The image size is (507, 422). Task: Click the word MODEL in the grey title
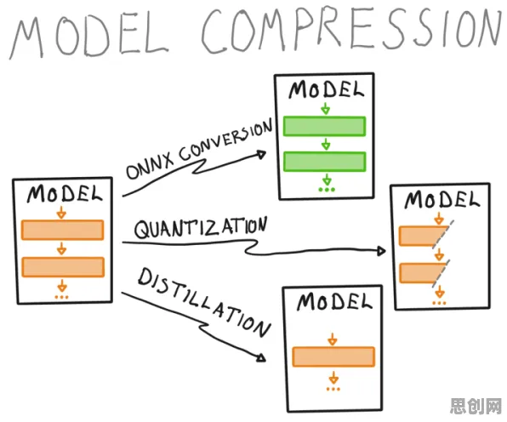pyautogui.click(x=89, y=37)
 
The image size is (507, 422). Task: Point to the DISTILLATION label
pyautogui.click(x=203, y=303)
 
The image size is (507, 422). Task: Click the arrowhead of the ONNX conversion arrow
pyautogui.click(x=261, y=155)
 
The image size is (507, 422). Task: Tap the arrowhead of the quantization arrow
pyautogui.click(x=382, y=251)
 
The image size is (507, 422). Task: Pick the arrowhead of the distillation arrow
pyautogui.click(x=261, y=357)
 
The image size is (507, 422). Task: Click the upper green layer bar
pyautogui.click(x=325, y=126)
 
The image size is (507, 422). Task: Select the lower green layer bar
pyautogui.click(x=325, y=162)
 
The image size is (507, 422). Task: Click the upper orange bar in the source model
pyautogui.click(x=63, y=230)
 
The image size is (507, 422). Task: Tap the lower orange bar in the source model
pyautogui.click(x=63, y=267)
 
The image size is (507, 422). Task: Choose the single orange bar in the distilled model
pyautogui.click(x=333, y=356)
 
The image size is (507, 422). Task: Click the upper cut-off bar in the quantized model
pyautogui.click(x=422, y=237)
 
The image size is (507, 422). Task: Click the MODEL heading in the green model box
pyautogui.click(x=326, y=89)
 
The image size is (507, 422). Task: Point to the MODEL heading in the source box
pyautogui.click(x=65, y=194)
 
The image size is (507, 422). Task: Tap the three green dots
pyautogui.click(x=327, y=190)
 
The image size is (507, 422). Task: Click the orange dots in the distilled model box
pyautogui.click(x=333, y=389)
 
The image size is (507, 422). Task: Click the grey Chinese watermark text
pyautogui.click(x=476, y=406)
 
